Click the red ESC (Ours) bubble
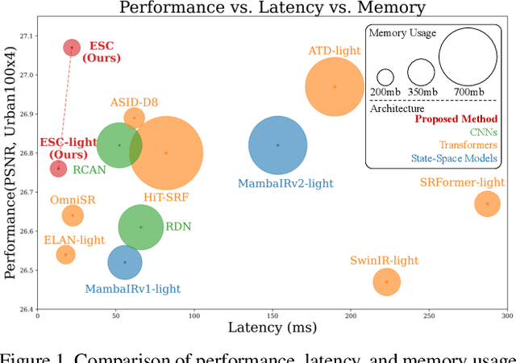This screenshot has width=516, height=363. tap(72, 48)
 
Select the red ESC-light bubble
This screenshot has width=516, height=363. tap(58, 168)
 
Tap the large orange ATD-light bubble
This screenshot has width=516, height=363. tap(335, 87)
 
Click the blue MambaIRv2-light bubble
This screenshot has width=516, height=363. tap(278, 145)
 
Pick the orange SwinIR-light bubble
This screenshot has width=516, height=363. tap(387, 282)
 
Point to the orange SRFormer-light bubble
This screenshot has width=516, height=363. tap(488, 204)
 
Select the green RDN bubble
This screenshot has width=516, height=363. tap(141, 227)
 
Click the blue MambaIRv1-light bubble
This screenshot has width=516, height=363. tap(125, 262)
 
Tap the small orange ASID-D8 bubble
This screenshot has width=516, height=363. tap(135, 118)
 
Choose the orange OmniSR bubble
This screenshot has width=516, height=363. tap(73, 215)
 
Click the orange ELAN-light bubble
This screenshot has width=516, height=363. tap(66, 255)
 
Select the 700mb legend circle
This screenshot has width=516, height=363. tap(468, 58)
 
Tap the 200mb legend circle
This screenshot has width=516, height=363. tap(385, 77)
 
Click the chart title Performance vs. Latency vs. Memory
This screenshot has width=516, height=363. tap(272, 9)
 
